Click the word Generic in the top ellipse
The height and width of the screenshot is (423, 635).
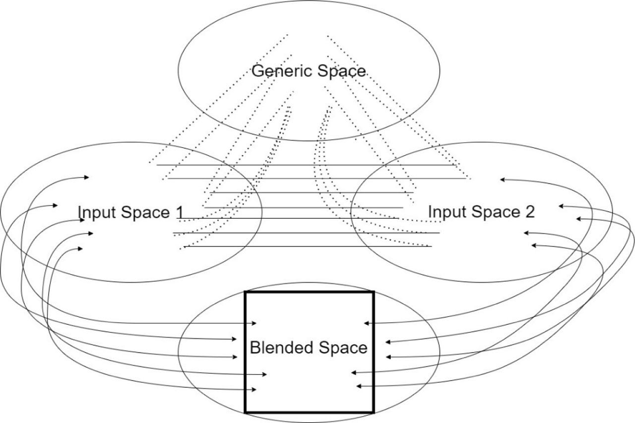click(276, 71)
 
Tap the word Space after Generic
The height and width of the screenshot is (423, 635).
click(341, 71)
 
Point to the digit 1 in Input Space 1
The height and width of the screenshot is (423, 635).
click(179, 212)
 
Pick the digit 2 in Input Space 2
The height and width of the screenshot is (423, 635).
click(530, 212)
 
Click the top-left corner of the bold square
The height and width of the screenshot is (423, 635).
click(246, 293)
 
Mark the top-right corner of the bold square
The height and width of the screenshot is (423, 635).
click(373, 293)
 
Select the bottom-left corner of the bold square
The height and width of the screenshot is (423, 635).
click(246, 412)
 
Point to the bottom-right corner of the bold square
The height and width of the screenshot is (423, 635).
click(373, 412)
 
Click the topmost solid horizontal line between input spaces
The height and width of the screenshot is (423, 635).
click(308, 165)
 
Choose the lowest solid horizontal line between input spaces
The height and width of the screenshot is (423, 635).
click(308, 246)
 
